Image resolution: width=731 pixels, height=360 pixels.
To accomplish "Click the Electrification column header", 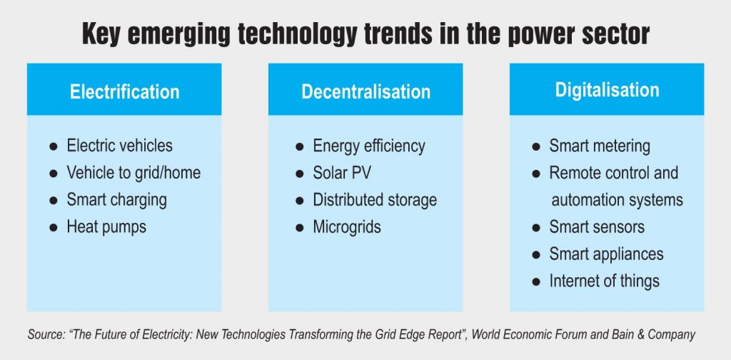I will [124, 91].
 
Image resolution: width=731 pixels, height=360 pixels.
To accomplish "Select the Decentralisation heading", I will [365, 91].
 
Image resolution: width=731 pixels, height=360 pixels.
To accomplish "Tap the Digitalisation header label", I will [607, 90].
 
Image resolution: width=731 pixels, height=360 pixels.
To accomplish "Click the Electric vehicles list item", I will [119, 146].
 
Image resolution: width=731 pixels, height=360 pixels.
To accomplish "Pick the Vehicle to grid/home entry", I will [133, 173].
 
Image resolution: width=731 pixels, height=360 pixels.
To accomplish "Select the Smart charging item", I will [116, 200].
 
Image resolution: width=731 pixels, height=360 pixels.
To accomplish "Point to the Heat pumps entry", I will [106, 227].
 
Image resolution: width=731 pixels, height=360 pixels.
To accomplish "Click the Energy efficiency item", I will [369, 146].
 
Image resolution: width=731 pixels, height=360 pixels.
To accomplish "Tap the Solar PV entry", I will [342, 173].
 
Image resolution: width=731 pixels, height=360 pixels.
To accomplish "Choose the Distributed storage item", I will [375, 200].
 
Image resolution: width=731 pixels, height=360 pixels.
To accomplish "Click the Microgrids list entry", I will [347, 227].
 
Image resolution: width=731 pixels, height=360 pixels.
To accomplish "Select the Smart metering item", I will [600, 146].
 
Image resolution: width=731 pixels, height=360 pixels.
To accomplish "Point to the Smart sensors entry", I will [597, 227].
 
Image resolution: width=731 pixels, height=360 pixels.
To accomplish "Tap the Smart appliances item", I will [606, 254].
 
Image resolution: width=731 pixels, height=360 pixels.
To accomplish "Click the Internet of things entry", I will [604, 281].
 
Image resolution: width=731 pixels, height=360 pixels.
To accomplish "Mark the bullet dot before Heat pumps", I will [53, 228].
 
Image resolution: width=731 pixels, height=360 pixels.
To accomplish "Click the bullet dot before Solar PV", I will [299, 174].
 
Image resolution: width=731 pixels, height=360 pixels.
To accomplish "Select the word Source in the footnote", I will [44, 334].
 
